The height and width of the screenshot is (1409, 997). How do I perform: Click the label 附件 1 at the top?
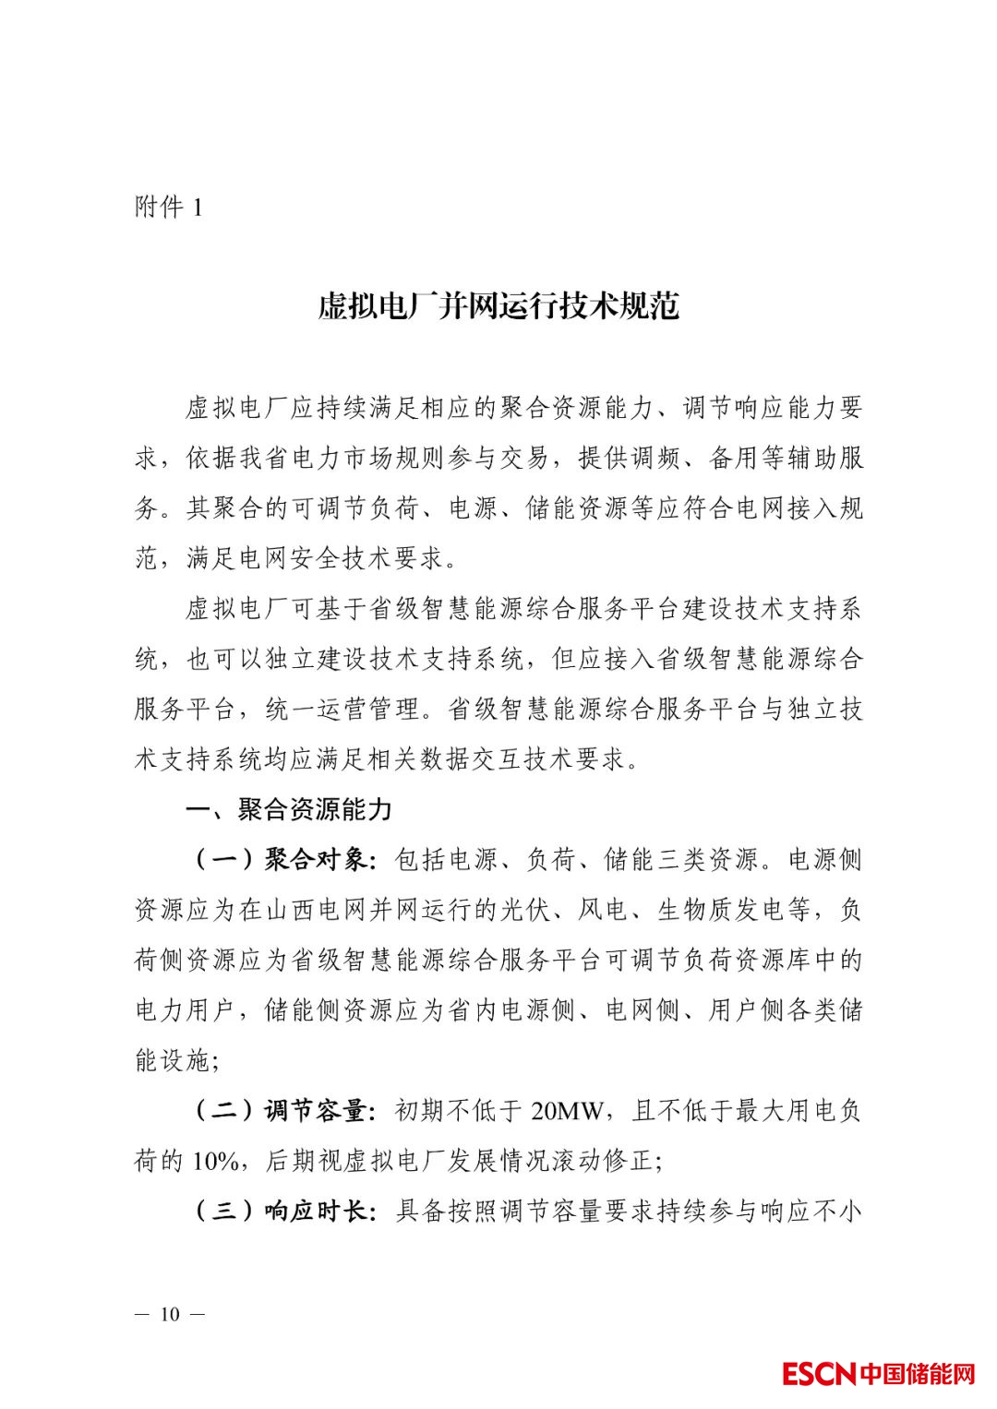click(x=168, y=207)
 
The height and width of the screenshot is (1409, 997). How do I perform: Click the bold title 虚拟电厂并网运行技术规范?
click(x=498, y=306)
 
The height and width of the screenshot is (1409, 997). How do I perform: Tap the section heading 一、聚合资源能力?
click(x=289, y=809)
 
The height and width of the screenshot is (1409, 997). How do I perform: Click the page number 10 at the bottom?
click(x=170, y=1314)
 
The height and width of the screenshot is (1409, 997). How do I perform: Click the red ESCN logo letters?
click(x=819, y=1374)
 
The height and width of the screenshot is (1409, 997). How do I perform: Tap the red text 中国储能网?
click(x=918, y=1374)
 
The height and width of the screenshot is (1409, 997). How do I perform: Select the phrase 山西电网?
click(x=317, y=911)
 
